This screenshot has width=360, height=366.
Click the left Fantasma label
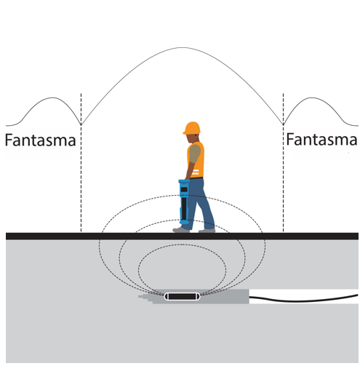[41, 140]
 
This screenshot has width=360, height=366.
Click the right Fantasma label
[321, 140]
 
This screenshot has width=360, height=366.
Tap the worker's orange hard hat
[192, 127]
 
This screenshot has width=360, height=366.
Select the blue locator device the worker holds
[184, 202]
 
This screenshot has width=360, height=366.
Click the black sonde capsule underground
[182, 296]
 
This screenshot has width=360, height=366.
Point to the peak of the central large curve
[183, 47]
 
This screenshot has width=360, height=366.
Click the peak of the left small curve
[52, 98]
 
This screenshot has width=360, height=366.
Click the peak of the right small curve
[312, 98]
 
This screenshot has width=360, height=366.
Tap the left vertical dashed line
[81, 163]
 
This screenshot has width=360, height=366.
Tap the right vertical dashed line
[283, 163]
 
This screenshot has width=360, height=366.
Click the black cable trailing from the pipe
[304, 299]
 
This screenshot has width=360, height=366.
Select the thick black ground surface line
[182, 236]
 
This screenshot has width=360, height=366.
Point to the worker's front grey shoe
[181, 230]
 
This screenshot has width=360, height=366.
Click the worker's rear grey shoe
[207, 231]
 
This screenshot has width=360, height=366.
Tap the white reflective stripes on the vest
[195, 172]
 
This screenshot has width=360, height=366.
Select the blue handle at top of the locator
[184, 181]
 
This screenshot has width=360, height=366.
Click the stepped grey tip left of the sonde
[145, 298]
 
